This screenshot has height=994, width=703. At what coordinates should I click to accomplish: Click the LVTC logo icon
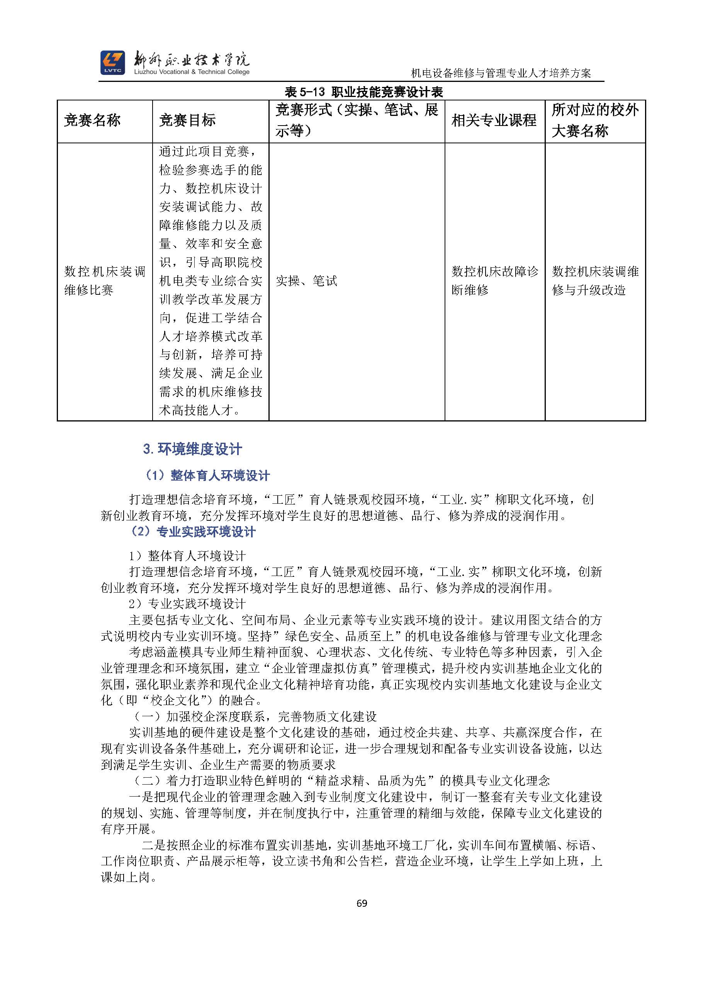[x=112, y=62]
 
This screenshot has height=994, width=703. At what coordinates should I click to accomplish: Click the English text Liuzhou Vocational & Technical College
[x=192, y=72]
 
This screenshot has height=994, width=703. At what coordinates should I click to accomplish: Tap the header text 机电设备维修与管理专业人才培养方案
[x=501, y=73]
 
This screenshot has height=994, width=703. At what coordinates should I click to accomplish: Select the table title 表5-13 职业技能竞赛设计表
[x=363, y=92]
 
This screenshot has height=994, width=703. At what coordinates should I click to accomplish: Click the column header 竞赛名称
[x=92, y=121]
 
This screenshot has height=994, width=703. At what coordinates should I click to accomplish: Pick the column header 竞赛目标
[x=187, y=121]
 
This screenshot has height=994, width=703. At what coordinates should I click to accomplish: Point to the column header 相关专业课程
[x=494, y=121]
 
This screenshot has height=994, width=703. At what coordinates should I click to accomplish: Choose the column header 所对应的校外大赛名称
[x=595, y=121]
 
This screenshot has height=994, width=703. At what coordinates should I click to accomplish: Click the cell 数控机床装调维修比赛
[x=105, y=280]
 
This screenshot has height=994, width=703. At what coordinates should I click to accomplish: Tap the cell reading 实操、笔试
[x=306, y=281]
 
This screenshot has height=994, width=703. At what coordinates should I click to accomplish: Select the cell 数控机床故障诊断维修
[x=494, y=280]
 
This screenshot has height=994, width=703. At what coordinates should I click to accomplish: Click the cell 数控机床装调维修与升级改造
[x=595, y=280]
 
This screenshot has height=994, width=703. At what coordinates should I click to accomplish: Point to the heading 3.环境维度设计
[x=193, y=449]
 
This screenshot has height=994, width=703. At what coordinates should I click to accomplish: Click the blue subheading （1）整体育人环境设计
[x=207, y=475]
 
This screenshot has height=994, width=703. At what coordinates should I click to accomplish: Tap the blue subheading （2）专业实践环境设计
[x=193, y=532]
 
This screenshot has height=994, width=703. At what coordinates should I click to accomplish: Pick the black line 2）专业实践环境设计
[x=187, y=603]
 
